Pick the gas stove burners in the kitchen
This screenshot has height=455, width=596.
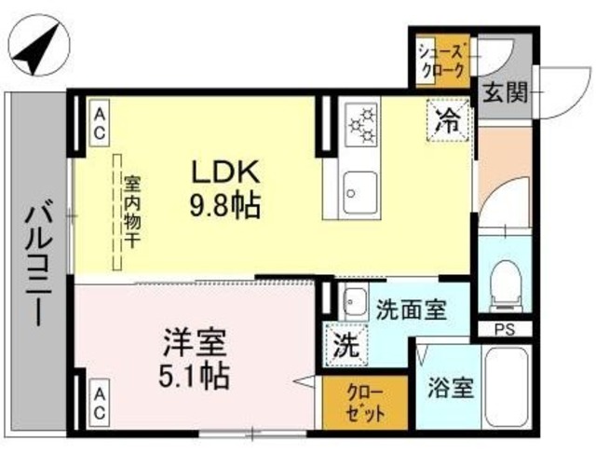361,126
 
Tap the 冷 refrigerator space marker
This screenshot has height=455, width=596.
450,117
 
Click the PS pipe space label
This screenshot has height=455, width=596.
504,328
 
